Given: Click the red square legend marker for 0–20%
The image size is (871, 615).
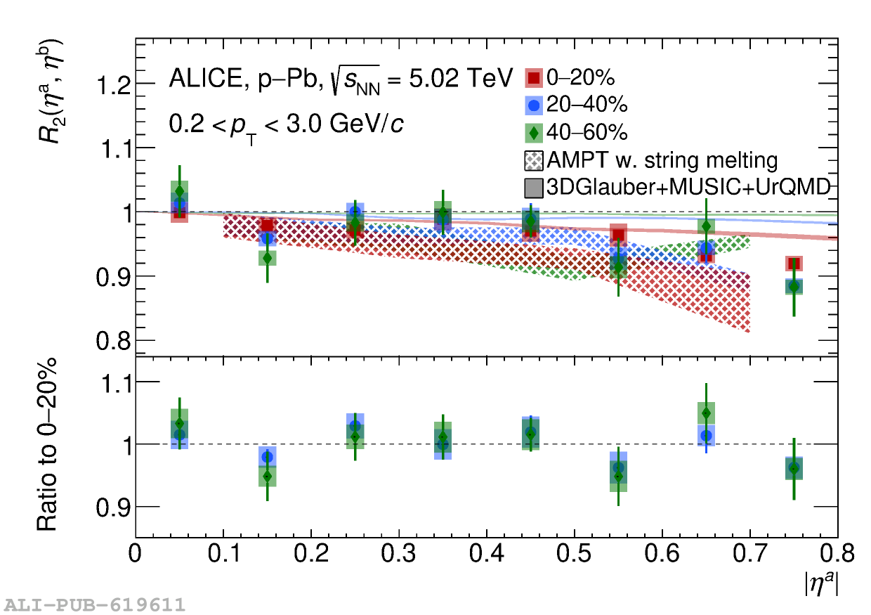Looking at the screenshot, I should [535, 78].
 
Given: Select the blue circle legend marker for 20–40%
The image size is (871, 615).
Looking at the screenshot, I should [535, 105].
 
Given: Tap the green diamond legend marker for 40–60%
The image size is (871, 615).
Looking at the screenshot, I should [535, 132].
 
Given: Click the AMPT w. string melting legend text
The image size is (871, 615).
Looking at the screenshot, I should [662, 160].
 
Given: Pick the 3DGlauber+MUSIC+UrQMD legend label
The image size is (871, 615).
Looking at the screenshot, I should [688, 186].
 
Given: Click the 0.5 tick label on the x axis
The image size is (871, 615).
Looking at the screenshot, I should [575, 555].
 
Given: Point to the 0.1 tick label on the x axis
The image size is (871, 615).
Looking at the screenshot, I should [223, 555].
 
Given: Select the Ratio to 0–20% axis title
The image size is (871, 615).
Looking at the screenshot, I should [46, 445].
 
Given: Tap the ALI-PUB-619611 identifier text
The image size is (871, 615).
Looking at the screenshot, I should [95, 604].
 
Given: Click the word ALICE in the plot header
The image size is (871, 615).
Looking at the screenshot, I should [203, 77].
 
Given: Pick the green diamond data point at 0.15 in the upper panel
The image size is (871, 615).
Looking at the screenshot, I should [267, 258].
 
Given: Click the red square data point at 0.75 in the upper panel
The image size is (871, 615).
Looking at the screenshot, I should [794, 264].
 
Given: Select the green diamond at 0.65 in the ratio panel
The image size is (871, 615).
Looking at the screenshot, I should [706, 413].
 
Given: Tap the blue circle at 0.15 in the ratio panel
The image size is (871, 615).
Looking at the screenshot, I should [267, 458].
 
